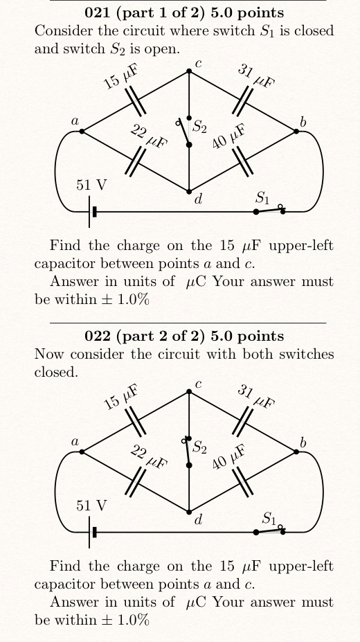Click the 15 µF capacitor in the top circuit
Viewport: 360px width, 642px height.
(136, 101)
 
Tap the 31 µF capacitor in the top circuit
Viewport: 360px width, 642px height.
(242, 101)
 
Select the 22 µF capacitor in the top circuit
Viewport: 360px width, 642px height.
(136, 161)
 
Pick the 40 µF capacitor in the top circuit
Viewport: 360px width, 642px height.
(242, 161)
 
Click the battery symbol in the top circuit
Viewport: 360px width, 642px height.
(92, 211)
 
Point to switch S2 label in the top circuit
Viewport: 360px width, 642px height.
(199, 127)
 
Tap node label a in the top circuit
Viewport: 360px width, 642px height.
(75, 121)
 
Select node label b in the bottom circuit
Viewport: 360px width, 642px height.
(303, 442)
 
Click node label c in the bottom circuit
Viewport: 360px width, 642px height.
(198, 384)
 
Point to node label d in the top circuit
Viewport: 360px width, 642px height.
(198, 200)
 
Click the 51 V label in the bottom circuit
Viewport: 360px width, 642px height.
(91, 506)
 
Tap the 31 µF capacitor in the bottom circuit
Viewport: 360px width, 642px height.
(242, 422)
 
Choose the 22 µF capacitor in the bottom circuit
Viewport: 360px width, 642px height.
(136, 481)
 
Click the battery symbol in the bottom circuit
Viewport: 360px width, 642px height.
(92, 532)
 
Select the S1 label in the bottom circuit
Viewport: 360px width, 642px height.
(269, 517)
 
